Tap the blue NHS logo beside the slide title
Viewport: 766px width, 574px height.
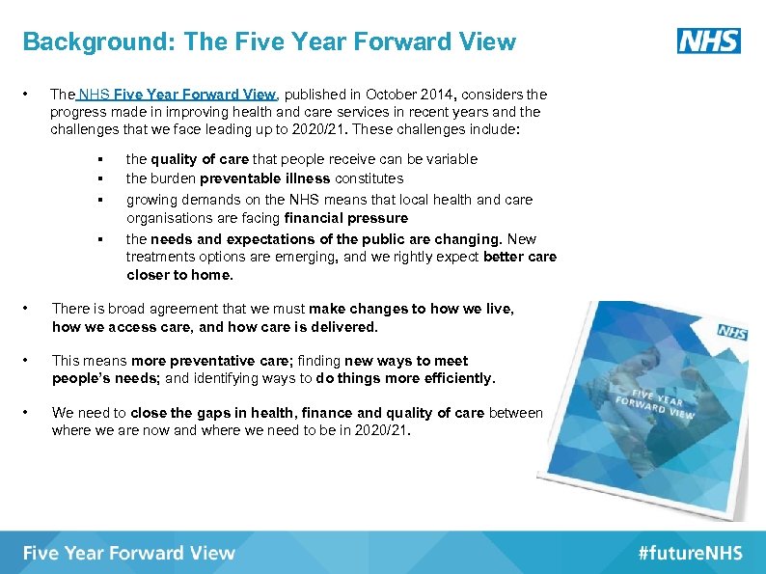point(709,41)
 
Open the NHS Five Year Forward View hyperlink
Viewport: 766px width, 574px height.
point(177,95)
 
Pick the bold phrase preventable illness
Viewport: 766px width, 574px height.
point(264,178)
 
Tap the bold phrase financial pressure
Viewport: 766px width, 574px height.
point(346,218)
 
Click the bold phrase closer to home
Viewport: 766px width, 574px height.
point(179,275)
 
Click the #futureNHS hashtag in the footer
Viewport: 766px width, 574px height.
point(690,553)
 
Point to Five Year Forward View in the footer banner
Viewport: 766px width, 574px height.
point(128,553)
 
